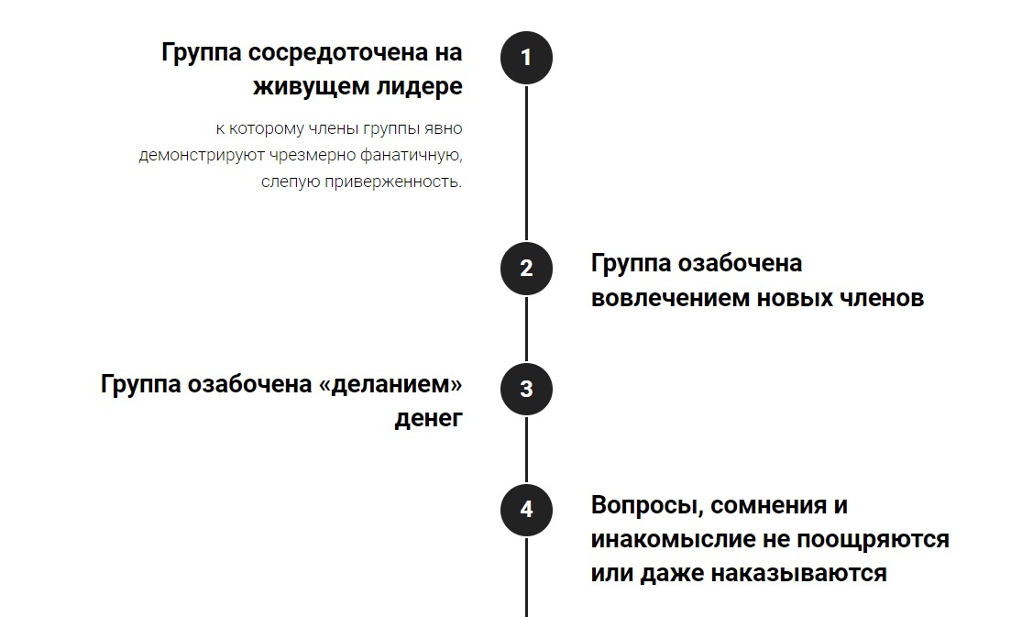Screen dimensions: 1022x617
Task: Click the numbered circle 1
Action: click(526, 58)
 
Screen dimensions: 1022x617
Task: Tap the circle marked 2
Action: click(526, 269)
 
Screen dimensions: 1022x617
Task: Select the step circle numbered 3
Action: click(526, 389)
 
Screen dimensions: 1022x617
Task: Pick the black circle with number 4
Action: click(526, 509)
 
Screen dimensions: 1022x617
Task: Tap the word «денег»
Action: click(429, 418)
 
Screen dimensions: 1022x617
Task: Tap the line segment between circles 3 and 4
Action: click(526, 449)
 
